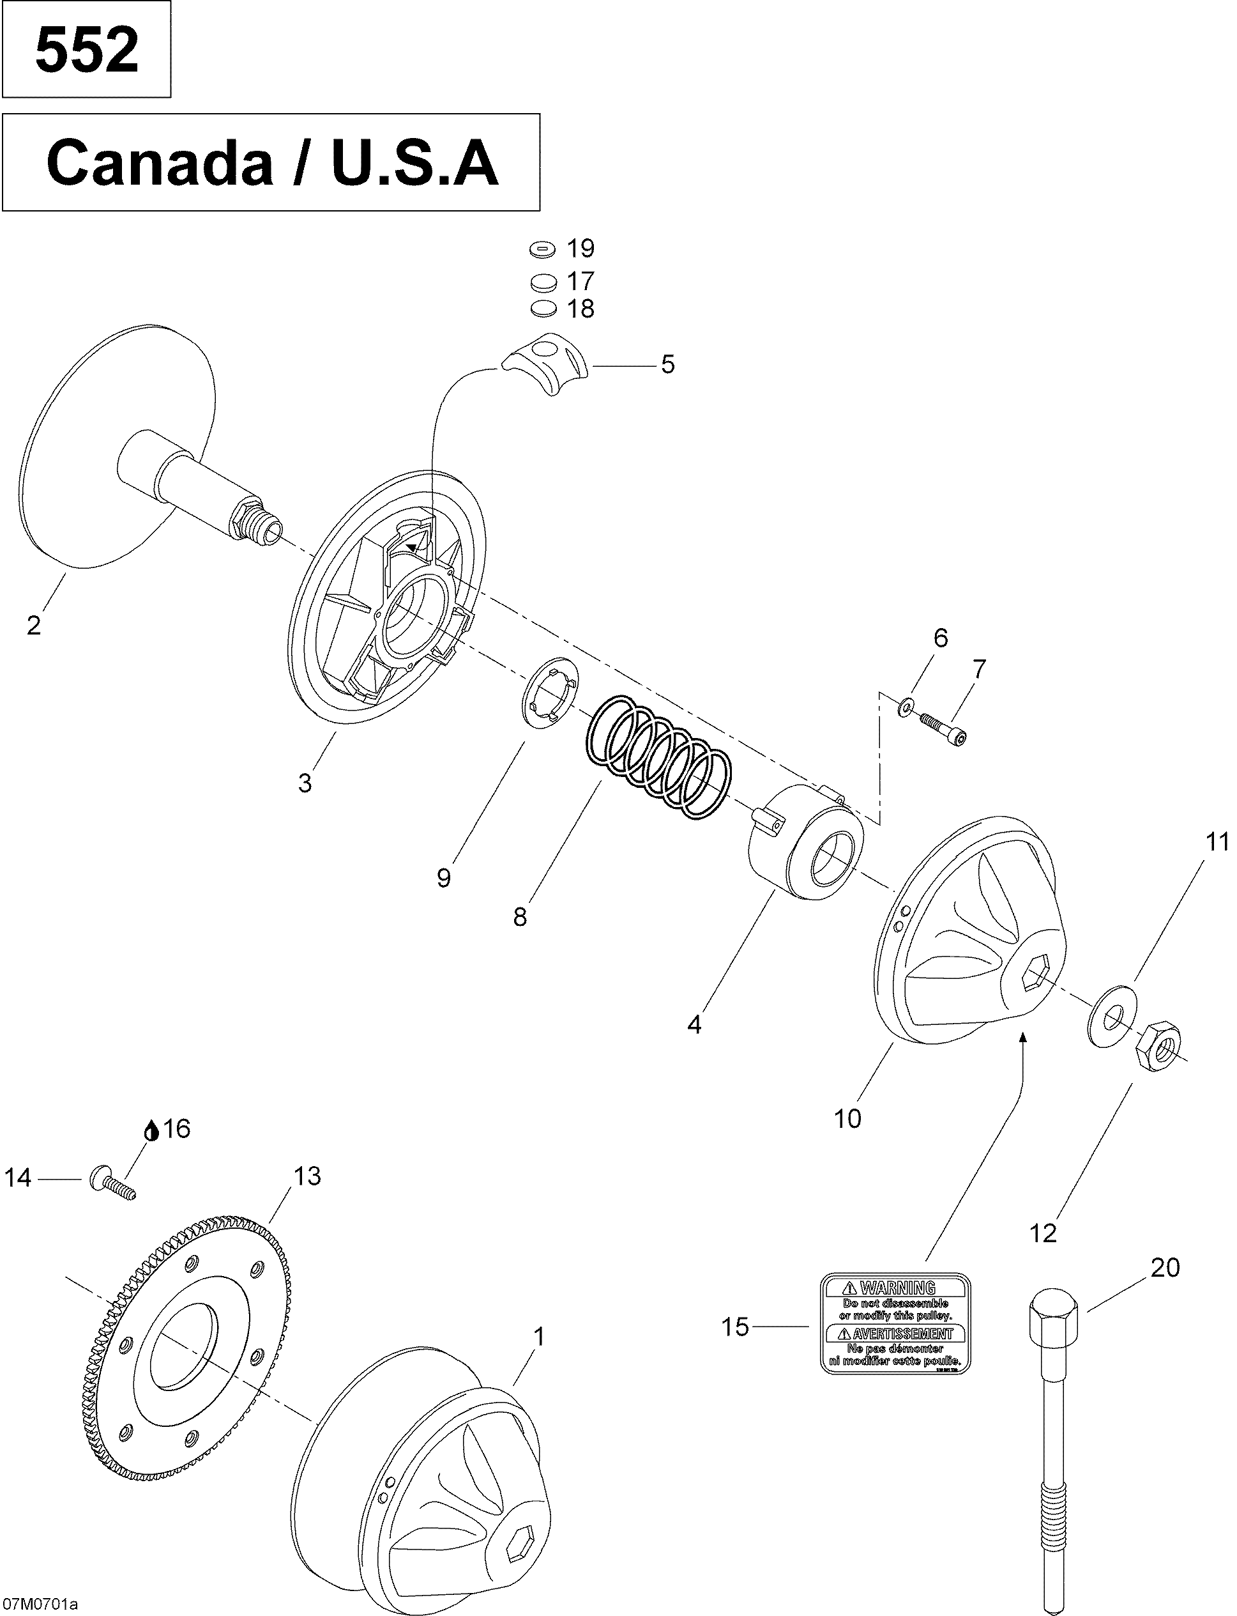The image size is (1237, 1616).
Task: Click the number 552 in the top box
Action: pyautogui.click(x=86, y=50)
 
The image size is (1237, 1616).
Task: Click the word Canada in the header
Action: pyautogui.click(x=159, y=164)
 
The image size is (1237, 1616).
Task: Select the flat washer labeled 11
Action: pyautogui.click(x=1112, y=1013)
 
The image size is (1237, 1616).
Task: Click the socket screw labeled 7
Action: pyautogui.click(x=942, y=727)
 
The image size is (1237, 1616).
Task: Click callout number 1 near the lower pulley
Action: pyautogui.click(x=539, y=1335)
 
